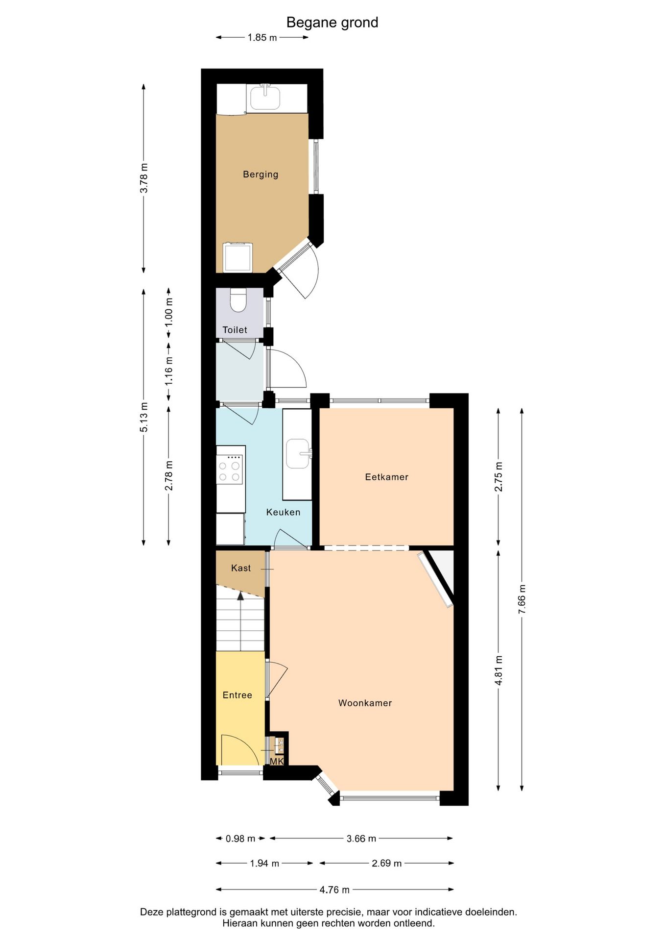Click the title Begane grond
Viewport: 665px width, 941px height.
coord(332,23)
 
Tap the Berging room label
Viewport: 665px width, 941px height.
coord(261,174)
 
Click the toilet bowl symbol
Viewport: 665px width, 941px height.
coord(238,300)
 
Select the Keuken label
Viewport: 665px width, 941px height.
coord(283,512)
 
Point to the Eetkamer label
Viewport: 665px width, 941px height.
coord(386,477)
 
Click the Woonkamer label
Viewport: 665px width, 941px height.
coord(365,703)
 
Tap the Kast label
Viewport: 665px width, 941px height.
coord(240,568)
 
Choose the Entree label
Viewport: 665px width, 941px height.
coord(237,695)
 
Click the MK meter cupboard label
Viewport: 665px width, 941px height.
coord(277,761)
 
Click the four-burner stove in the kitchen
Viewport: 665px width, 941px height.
coord(230,470)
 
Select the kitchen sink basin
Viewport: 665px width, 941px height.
coord(298,453)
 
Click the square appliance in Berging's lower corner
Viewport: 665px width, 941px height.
coord(237,257)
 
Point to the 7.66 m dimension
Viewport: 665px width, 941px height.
coord(522,599)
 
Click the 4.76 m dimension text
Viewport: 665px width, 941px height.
coord(334,890)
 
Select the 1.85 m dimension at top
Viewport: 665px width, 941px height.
coord(262,38)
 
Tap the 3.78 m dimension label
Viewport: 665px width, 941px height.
coord(144,177)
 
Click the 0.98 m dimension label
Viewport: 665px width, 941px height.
coord(240,839)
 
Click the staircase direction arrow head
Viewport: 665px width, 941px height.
coord(240,595)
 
